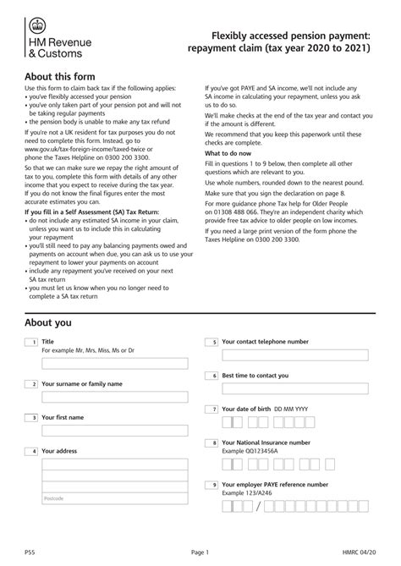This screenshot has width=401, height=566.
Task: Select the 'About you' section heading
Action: coord(48,322)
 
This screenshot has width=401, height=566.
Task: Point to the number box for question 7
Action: coord(212,409)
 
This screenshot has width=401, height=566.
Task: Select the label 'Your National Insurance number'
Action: coord(266,442)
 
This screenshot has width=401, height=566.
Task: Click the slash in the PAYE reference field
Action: coord(258,506)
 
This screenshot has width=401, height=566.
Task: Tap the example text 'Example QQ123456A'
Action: coord(250,451)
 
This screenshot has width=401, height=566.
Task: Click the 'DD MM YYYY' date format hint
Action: coord(291,409)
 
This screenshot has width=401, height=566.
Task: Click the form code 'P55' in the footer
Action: coord(30,550)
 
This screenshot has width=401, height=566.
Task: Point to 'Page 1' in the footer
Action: coord(200,550)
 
